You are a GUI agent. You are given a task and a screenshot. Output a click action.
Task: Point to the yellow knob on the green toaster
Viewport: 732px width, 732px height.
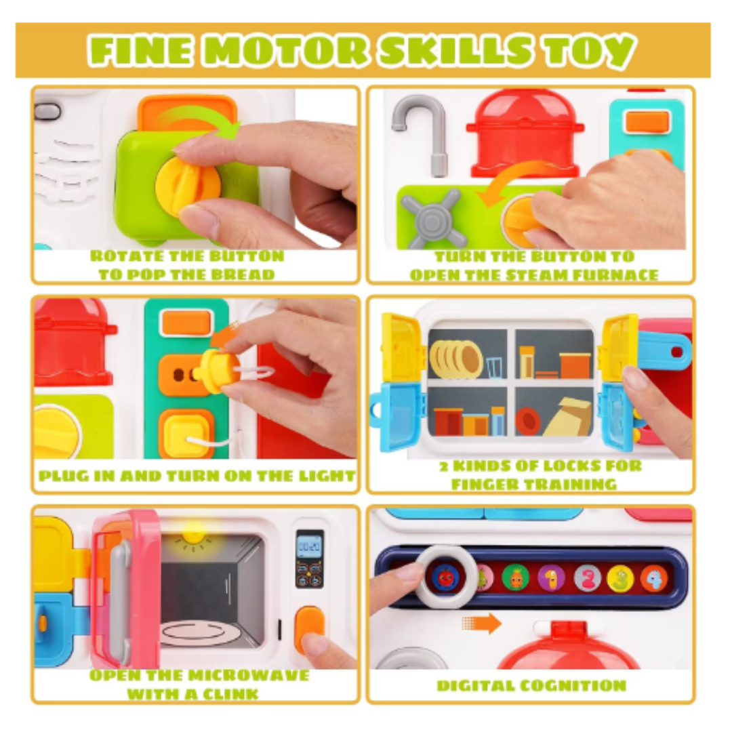click(x=188, y=186)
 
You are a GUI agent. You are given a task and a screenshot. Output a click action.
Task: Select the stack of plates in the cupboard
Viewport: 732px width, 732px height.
click(x=455, y=359)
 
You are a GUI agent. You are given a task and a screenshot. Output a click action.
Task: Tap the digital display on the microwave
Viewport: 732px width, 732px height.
click(x=309, y=544)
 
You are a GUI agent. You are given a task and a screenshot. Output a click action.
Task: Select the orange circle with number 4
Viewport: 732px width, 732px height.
click(x=653, y=578)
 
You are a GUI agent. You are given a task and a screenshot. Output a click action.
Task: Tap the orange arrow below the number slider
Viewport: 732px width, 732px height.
click(x=481, y=624)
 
